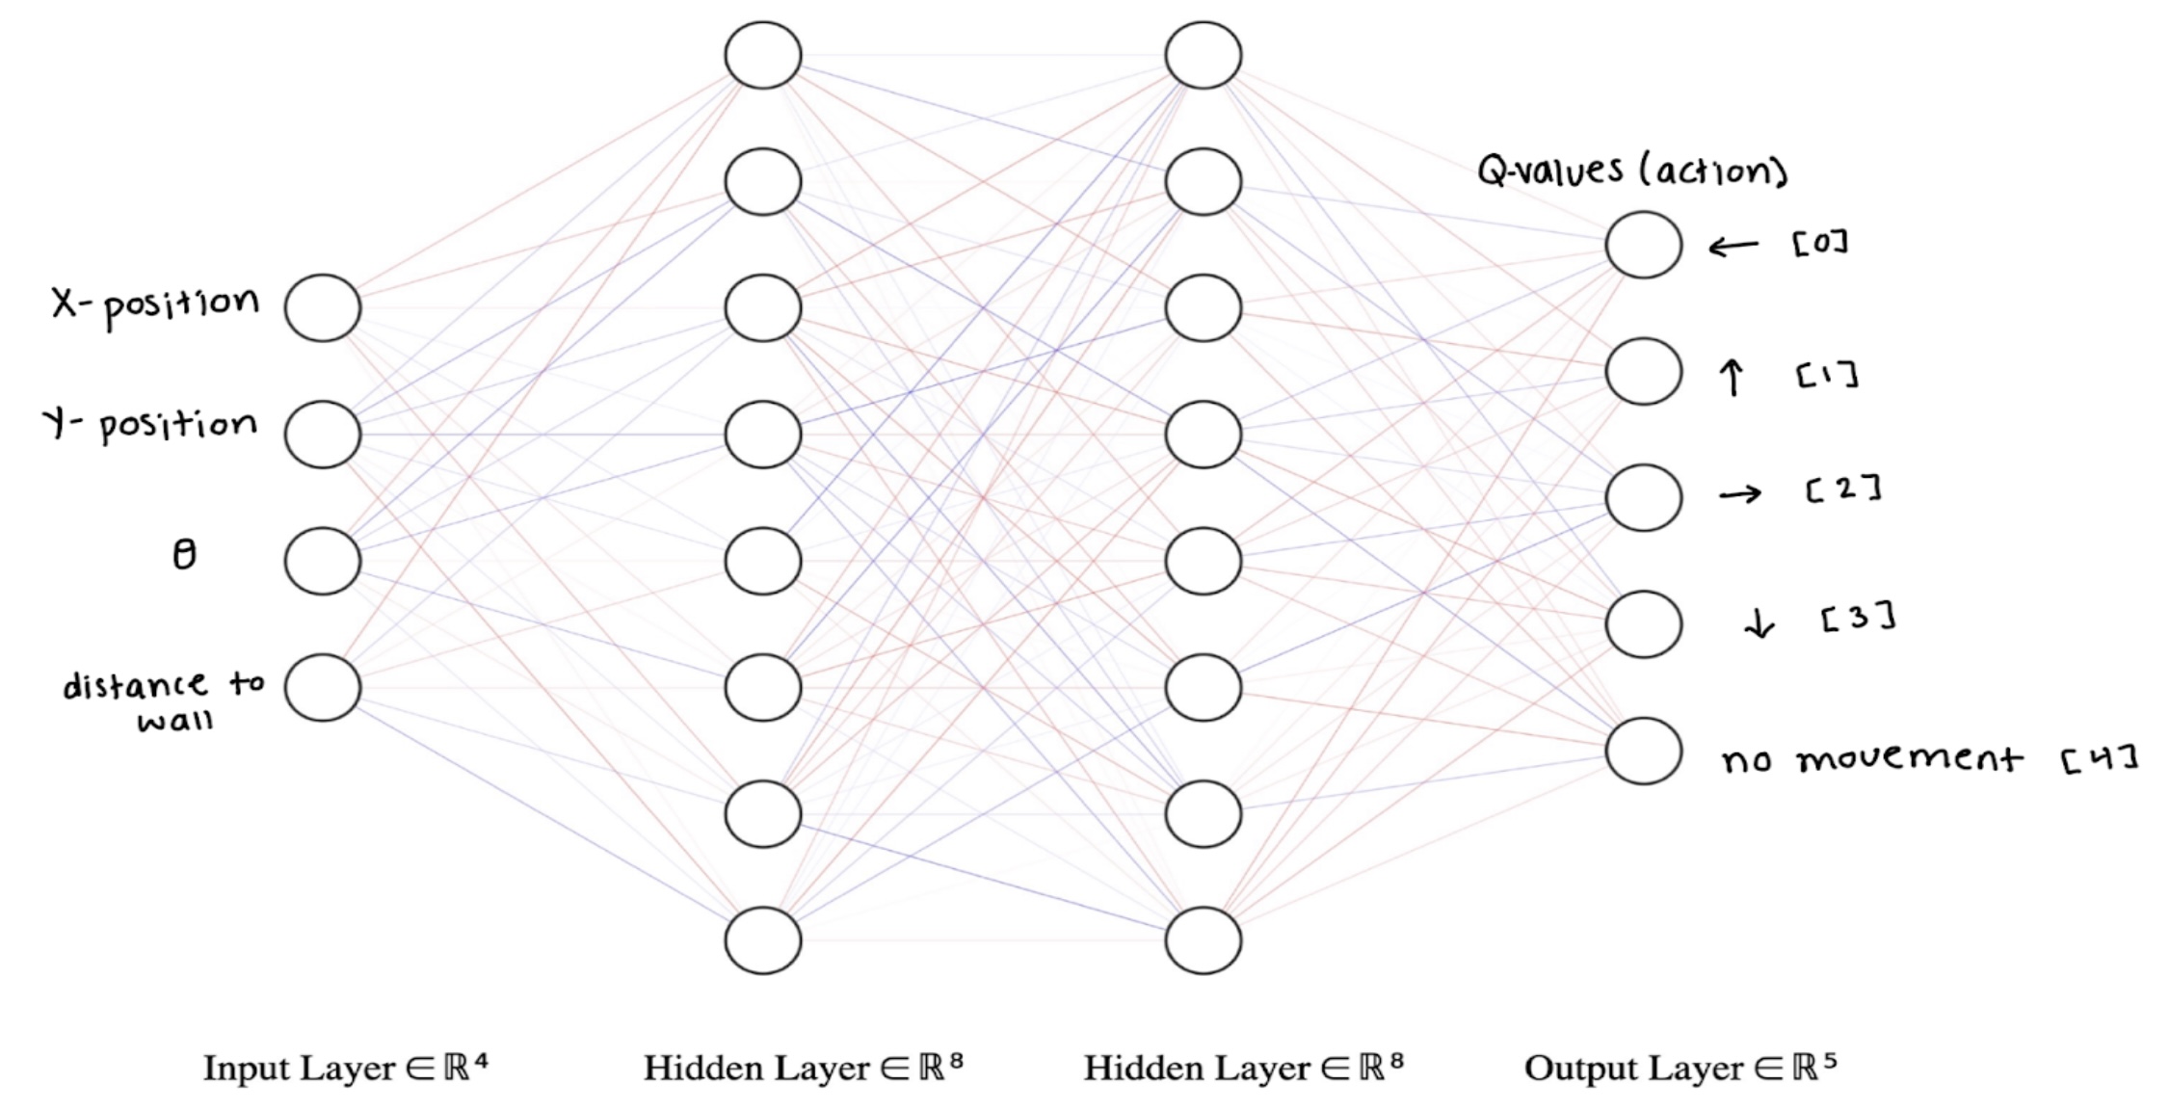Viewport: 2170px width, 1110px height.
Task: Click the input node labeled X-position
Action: tap(322, 307)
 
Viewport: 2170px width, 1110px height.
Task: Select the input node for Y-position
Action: tap(322, 435)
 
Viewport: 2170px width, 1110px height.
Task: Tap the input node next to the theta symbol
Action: tap(322, 561)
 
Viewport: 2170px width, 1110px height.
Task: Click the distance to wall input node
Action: tap(322, 688)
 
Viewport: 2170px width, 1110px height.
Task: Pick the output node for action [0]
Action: tap(1643, 245)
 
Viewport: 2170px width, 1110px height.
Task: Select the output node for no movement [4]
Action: tap(1643, 751)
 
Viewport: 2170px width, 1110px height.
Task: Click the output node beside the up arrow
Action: tap(1643, 371)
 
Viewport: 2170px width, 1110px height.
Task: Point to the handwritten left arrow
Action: tap(1733, 247)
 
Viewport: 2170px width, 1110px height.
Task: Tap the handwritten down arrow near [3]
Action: tap(1760, 624)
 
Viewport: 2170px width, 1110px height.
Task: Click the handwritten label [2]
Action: tap(1843, 489)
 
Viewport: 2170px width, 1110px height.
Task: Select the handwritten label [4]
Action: tap(2100, 758)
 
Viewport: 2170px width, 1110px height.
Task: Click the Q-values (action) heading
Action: tap(1632, 172)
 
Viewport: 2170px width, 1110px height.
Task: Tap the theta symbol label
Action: tap(184, 554)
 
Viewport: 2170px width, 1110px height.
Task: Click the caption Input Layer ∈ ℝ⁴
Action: tap(345, 1068)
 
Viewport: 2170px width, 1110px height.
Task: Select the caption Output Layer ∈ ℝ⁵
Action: tap(1680, 1068)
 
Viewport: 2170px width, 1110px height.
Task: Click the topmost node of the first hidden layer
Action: tap(762, 55)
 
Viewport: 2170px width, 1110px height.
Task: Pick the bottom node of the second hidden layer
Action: tap(1203, 940)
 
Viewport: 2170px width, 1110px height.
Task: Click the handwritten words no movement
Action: tap(1871, 759)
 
